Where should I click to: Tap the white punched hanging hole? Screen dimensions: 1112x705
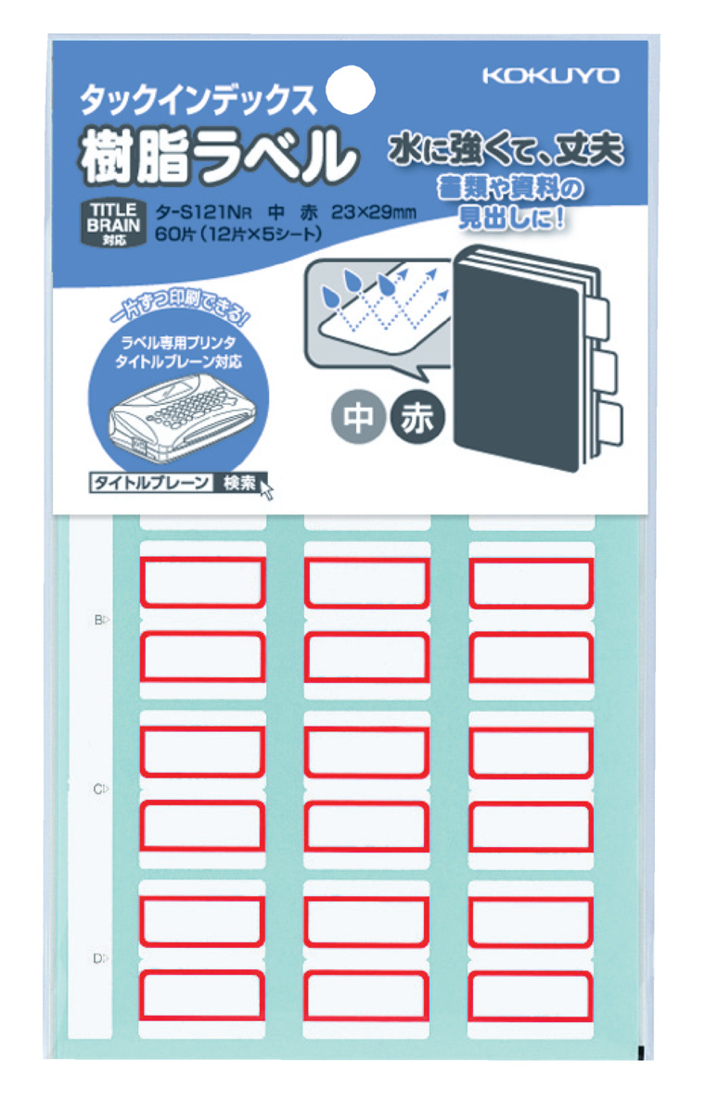[352, 89]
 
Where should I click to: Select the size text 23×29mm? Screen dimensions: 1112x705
[367, 210]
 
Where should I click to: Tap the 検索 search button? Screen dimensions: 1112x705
[239, 482]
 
